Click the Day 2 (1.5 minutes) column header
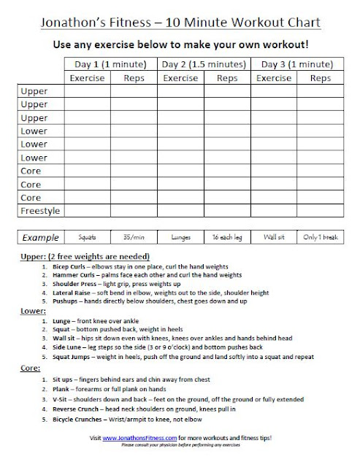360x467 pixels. [x=204, y=63]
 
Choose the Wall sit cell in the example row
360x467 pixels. [x=273, y=238]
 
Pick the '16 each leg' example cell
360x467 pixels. [x=227, y=238]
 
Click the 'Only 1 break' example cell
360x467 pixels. [x=318, y=238]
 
